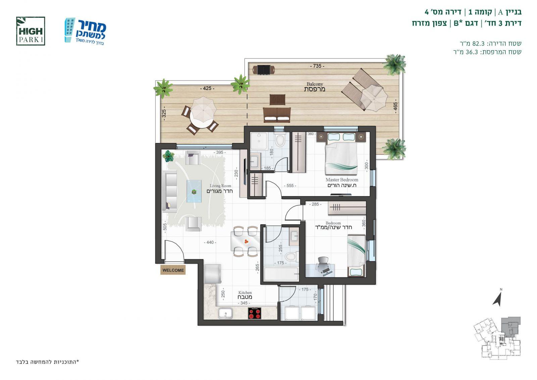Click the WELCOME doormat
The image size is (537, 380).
point(173,270)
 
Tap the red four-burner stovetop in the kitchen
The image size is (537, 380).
point(255,313)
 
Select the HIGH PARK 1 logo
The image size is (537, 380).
point(31,31)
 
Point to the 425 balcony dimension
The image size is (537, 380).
point(207,89)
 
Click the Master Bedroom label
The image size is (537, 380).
point(342,180)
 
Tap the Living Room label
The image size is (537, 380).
point(220,186)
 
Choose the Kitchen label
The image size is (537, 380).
point(245,292)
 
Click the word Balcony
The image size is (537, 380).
point(315,84)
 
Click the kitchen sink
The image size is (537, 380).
point(225,314)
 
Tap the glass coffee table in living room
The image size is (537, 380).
point(194,191)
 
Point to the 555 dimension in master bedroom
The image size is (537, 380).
point(290,186)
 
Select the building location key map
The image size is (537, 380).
point(497,338)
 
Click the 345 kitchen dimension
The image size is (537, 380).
point(244,303)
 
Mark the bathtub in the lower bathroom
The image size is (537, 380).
point(281,274)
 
